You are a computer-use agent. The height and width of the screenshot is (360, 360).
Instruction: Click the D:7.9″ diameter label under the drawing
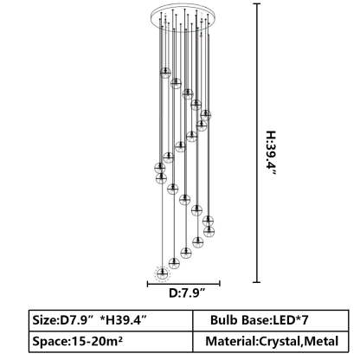187,293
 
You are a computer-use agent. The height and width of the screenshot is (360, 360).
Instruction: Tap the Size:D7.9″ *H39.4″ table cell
111,320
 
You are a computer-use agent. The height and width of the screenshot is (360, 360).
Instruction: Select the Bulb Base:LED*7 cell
271,320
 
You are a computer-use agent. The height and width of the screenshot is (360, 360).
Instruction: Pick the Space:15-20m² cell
111,341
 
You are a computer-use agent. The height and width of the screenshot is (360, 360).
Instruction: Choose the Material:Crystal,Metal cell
271,341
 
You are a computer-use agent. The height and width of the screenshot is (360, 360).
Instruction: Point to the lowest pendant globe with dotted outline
162,273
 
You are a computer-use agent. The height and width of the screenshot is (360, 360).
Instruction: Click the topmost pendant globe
165,73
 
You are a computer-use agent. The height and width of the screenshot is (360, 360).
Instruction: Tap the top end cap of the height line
256,4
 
